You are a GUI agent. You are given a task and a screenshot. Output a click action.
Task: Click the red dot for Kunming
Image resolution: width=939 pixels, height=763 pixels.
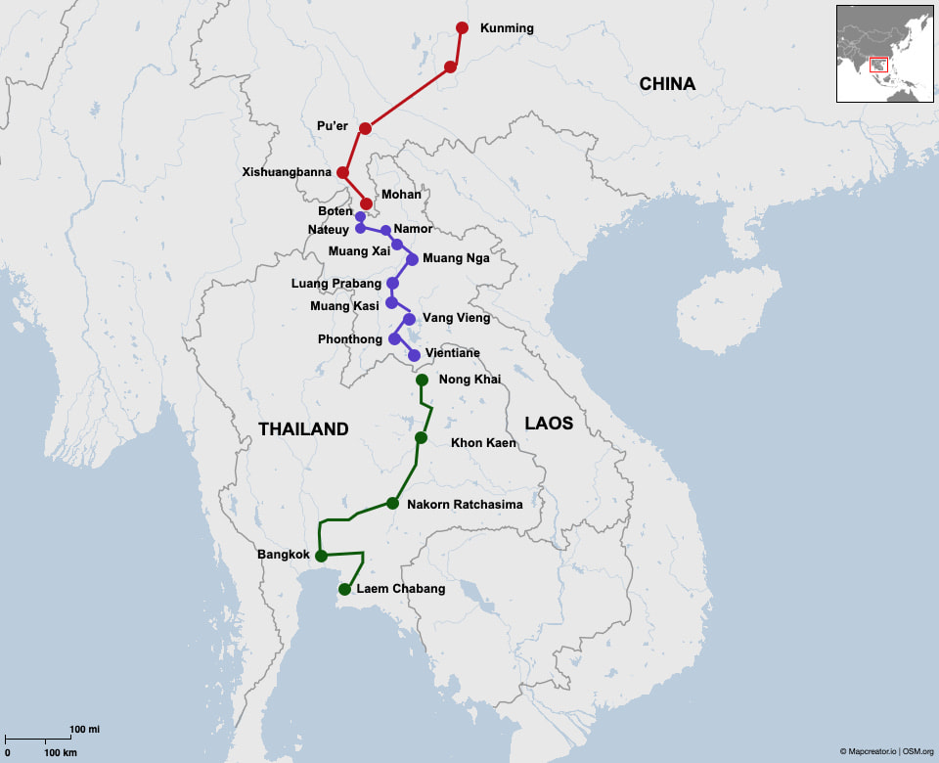click(462, 27)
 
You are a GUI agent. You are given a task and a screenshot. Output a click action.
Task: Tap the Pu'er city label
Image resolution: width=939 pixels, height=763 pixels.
click(333, 126)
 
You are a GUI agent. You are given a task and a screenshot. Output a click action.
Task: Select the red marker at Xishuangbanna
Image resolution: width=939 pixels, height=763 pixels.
click(342, 172)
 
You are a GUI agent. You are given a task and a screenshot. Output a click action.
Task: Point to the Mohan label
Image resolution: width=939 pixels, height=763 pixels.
click(401, 195)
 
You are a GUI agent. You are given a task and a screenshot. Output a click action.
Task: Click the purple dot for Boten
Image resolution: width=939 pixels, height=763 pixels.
click(360, 216)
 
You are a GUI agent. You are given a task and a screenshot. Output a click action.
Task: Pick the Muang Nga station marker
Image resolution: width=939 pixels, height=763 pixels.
click(412, 259)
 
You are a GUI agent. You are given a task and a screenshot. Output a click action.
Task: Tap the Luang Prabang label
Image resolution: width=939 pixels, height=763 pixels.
click(336, 284)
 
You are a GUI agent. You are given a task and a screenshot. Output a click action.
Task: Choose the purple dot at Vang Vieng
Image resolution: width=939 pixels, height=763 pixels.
click(409, 319)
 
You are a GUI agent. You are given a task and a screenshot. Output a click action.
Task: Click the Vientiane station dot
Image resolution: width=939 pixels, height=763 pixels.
click(414, 355)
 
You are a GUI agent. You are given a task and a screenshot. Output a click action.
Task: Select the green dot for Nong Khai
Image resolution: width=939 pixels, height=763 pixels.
click(422, 380)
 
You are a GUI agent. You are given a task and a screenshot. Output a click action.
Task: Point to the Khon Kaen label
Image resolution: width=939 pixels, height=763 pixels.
click(483, 442)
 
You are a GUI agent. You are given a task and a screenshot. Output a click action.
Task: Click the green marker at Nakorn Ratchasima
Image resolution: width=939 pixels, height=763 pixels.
click(392, 503)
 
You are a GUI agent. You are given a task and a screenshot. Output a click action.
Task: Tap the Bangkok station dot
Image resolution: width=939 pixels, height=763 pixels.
click(321, 556)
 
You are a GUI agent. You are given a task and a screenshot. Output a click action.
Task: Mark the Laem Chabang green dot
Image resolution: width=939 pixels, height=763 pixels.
click(344, 589)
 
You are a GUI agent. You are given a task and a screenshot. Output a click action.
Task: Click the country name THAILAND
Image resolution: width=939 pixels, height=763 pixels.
click(303, 429)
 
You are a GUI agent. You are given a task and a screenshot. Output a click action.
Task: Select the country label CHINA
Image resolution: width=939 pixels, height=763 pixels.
click(667, 84)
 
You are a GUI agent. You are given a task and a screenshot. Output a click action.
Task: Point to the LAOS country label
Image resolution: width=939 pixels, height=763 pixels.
click(549, 424)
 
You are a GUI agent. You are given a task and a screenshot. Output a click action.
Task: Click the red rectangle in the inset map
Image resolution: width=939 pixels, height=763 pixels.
click(878, 65)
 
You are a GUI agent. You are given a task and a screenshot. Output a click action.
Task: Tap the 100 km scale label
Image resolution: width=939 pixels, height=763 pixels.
click(61, 753)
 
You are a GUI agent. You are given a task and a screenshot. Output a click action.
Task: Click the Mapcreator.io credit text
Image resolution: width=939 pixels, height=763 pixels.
click(868, 751)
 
